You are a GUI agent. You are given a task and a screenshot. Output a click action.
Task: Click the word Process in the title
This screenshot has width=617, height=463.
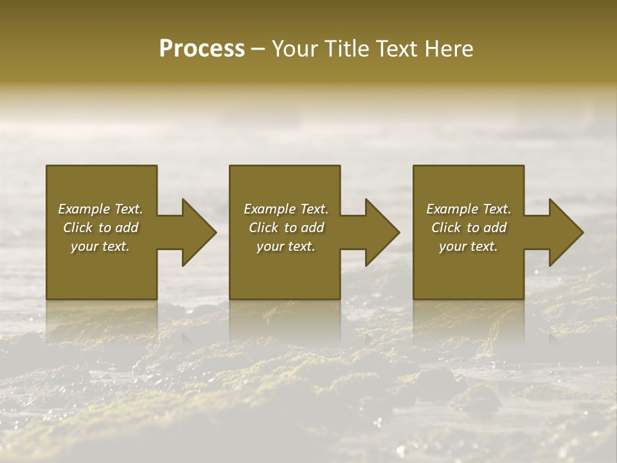(x=202, y=49)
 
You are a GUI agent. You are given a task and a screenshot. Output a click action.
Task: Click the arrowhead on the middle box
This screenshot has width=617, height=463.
(x=382, y=232)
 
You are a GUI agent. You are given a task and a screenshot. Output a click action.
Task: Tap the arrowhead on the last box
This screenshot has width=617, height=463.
(x=566, y=232)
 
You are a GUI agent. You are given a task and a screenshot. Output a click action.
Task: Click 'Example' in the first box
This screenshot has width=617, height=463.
(x=84, y=209)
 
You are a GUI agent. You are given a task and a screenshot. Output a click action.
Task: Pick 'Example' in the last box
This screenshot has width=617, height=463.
(x=452, y=209)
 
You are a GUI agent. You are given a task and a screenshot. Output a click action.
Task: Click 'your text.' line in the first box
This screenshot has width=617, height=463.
(x=100, y=246)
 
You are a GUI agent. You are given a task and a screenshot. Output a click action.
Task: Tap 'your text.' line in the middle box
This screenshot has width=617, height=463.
(x=286, y=246)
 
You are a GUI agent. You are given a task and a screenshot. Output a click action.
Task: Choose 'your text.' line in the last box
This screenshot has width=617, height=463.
(x=469, y=246)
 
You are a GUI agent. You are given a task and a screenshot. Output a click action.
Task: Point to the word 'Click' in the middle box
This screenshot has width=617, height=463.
(x=264, y=228)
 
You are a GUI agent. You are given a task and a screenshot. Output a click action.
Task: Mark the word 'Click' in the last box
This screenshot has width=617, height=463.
(x=446, y=228)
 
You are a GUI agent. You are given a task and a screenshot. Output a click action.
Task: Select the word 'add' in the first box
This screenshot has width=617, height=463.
(x=127, y=228)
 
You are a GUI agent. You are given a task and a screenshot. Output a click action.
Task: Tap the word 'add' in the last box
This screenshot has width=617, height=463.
(x=496, y=228)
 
